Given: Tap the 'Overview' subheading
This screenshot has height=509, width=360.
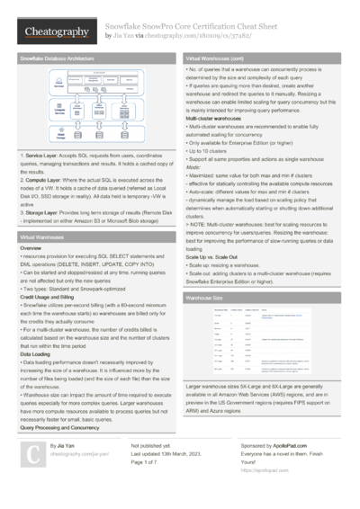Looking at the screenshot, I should tap(31, 246).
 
